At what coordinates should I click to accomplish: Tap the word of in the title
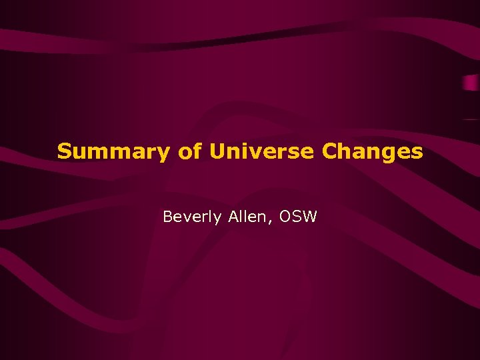[x=191, y=151]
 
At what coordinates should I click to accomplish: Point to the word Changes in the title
[x=373, y=152]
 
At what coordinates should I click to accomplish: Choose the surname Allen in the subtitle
[x=245, y=217]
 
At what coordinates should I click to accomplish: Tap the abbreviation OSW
[x=298, y=217]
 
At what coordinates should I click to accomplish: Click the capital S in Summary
[x=64, y=151]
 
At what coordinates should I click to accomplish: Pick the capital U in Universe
[x=217, y=151]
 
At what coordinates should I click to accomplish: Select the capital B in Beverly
[x=168, y=217]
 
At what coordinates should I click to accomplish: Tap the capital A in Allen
[x=230, y=217]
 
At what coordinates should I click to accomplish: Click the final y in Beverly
[x=216, y=219]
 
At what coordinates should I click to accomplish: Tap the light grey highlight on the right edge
[x=471, y=83]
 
